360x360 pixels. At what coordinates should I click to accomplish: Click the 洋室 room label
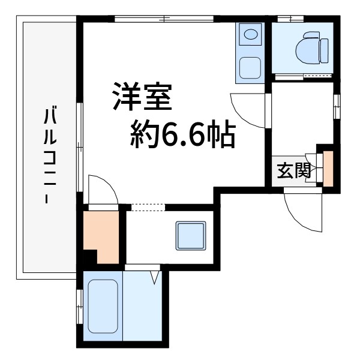[143, 97]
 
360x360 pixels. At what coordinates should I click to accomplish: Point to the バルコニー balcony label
[50, 156]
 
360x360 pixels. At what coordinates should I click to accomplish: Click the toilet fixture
[313, 47]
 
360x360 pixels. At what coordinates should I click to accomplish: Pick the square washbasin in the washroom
[190, 236]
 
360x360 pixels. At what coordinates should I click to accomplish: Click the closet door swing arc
[100, 189]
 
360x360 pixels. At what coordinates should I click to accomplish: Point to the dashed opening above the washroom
[148, 207]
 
